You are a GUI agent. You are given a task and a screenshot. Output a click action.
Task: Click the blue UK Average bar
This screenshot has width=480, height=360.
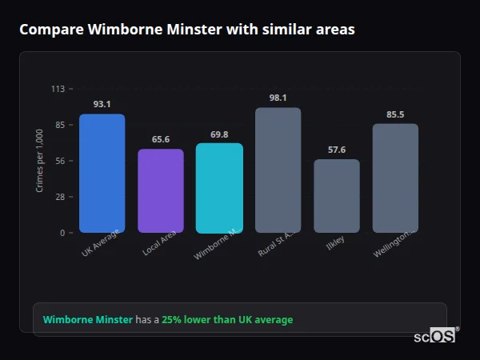click(102, 174)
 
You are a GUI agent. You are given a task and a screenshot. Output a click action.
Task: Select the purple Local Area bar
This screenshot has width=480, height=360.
click(161, 191)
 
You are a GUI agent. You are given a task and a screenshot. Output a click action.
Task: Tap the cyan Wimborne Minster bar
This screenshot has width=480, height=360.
click(219, 188)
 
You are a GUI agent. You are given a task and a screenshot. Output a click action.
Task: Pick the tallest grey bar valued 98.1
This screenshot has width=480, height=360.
click(278, 170)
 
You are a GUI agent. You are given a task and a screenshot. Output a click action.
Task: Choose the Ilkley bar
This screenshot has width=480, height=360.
click(337, 196)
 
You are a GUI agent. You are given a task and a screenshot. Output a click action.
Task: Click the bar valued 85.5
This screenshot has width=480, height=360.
click(395, 178)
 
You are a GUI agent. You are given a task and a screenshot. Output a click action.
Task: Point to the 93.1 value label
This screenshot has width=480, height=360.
click(102, 104)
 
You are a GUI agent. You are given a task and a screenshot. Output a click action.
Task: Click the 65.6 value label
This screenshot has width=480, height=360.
click(161, 139)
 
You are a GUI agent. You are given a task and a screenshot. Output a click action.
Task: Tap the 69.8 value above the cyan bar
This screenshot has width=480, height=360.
click(219, 134)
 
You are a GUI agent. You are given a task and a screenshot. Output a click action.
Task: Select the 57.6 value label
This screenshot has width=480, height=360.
click(337, 150)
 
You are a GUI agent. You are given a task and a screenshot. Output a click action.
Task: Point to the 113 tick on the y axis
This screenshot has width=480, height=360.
click(58, 89)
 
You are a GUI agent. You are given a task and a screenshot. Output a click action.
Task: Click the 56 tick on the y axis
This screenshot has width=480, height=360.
click(59, 161)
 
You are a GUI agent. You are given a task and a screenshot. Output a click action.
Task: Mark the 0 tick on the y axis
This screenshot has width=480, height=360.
click(62, 233)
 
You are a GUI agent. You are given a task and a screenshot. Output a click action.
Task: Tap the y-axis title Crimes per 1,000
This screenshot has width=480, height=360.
click(40, 161)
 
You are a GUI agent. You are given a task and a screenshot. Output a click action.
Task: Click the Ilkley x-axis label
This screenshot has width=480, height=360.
click(335, 242)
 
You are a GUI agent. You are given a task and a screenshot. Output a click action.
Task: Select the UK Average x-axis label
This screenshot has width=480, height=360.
click(100, 243)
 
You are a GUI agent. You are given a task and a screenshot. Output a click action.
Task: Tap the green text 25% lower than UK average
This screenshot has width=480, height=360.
click(227, 320)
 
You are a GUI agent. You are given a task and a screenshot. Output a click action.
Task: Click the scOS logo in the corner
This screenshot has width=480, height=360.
click(435, 336)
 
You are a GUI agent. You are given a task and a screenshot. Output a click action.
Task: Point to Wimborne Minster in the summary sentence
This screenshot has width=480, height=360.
click(88, 320)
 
